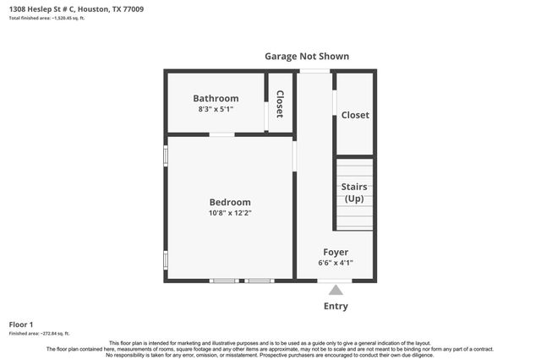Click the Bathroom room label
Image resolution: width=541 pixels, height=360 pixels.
tap(216, 98)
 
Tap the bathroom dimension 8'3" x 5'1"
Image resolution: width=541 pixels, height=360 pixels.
tap(216, 109)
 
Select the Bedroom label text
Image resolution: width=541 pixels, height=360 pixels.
tap(230, 202)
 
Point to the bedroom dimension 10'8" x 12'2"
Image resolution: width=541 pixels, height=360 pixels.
tap(230, 213)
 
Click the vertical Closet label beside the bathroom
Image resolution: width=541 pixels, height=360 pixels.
tap(280, 103)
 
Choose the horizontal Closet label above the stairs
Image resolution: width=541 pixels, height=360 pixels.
tap(355, 115)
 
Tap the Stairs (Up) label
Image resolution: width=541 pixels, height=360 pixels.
tap(353, 192)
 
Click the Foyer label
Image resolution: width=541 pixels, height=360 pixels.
tap(336, 252)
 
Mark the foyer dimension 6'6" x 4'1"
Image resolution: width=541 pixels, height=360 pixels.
tap(336, 263)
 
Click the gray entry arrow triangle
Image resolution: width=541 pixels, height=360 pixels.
tap(336, 290)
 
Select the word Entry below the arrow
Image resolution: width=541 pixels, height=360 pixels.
tap(336, 306)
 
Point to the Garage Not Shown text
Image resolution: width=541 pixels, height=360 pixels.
tap(307, 57)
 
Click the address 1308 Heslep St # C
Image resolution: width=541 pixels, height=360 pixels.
tap(43, 8)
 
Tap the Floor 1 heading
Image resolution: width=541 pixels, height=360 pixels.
tap(21, 325)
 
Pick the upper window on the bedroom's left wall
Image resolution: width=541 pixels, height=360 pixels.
tap(166, 156)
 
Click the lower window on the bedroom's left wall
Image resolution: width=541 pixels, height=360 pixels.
tap(166, 259)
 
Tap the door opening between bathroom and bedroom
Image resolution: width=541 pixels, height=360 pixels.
tap(221, 134)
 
